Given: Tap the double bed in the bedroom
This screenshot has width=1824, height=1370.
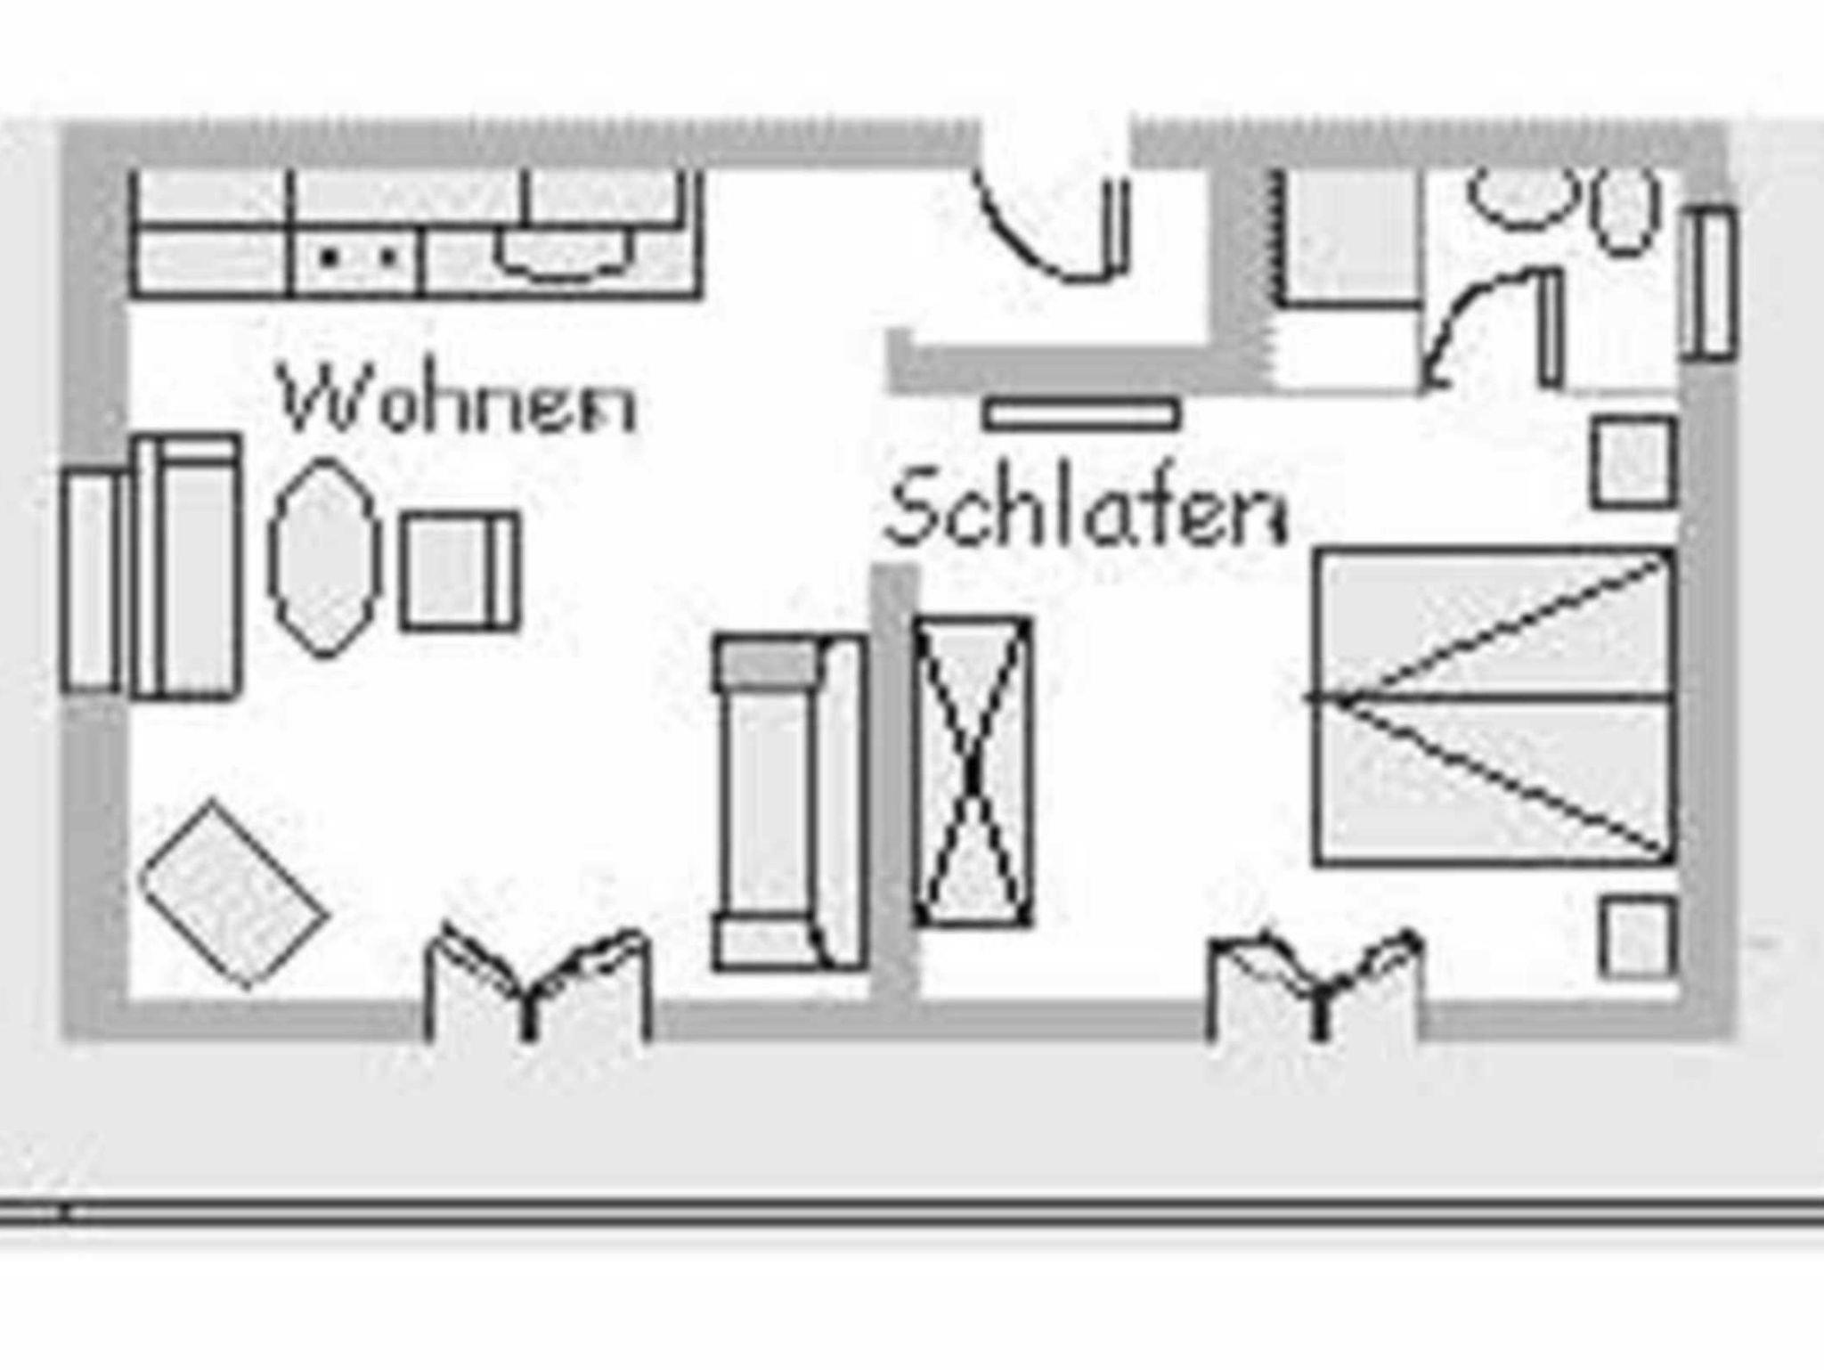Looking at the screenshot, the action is (x=1493, y=707).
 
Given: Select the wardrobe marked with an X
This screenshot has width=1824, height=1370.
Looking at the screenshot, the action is (x=973, y=771).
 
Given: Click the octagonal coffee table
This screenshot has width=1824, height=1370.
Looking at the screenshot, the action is (x=324, y=558).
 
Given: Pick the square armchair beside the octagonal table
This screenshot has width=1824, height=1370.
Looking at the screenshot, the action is (x=460, y=572).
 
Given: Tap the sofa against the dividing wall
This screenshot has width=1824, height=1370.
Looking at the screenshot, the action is (x=789, y=802).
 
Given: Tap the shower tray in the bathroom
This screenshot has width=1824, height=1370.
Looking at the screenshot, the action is (x=1348, y=237).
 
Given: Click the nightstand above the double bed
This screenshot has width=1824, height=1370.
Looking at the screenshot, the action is (x=1633, y=461).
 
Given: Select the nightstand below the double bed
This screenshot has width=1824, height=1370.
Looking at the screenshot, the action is (x=1637, y=937).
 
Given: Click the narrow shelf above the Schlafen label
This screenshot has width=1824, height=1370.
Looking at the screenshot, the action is (x=1081, y=415).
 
